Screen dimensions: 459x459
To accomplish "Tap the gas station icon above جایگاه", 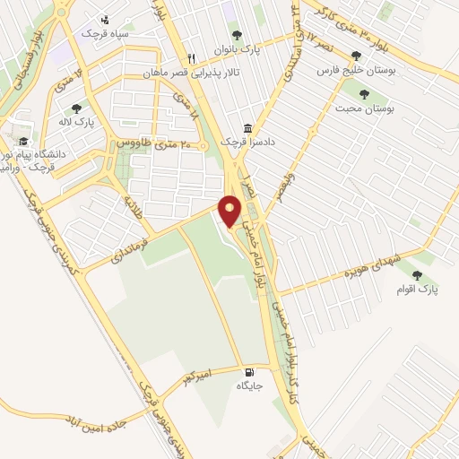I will [247, 370].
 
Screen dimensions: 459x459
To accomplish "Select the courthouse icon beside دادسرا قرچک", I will [247, 127].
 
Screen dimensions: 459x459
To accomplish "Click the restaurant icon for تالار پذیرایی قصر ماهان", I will [190, 58].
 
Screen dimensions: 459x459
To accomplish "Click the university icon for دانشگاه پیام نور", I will [22, 142].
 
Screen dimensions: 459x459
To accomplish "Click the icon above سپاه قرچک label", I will [106, 19].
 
